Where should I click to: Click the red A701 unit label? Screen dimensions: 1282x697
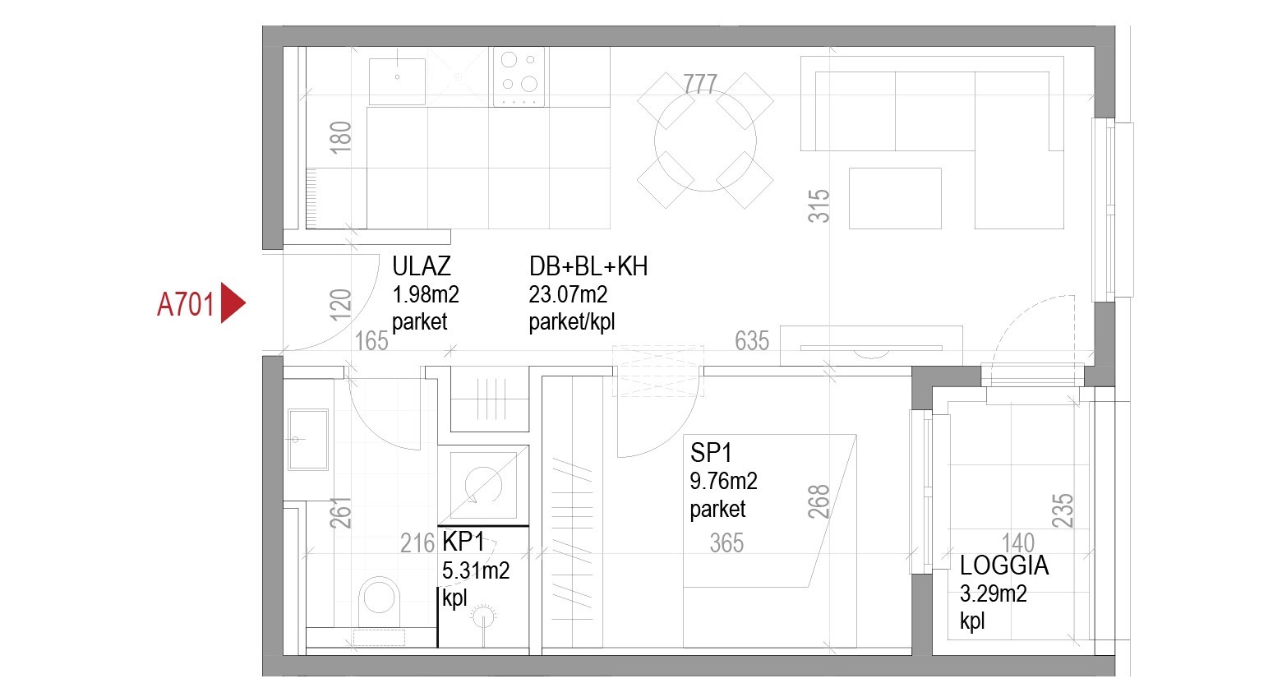[186, 304]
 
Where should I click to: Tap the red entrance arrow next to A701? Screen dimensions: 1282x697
[233, 302]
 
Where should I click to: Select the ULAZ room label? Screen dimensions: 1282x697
[422, 266]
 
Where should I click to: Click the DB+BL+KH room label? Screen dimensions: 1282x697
[588, 266]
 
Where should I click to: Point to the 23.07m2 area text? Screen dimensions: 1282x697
[568, 295]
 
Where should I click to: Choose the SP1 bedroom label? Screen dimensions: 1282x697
[711, 453]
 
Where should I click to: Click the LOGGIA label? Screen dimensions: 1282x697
[1004, 566]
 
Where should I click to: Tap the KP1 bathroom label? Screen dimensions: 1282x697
[463, 542]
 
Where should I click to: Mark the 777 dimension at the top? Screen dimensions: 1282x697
[700, 85]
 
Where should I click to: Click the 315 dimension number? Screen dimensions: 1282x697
[819, 206]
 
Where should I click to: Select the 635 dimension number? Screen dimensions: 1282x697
[752, 341]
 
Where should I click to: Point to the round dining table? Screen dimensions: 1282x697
[705, 141]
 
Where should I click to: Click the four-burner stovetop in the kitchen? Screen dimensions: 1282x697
[519, 77]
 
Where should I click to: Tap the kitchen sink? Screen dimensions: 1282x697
[397, 81]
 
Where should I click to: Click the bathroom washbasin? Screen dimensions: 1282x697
[308, 440]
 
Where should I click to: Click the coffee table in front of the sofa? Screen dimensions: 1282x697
[895, 199]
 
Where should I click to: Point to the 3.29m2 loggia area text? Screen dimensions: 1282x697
[993, 594]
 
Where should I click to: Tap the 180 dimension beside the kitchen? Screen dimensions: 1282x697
[340, 137]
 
